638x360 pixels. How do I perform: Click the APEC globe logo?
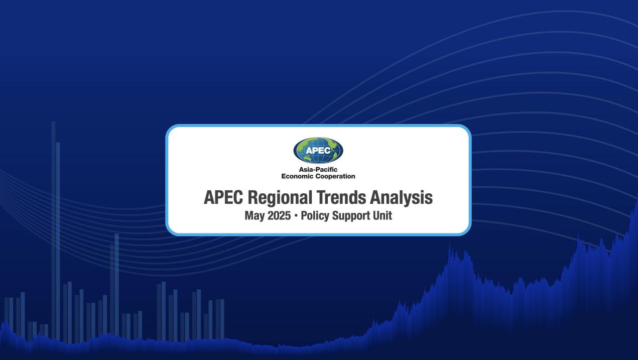point(318,150)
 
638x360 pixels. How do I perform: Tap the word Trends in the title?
point(341,197)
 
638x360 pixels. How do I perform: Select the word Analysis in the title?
point(401,198)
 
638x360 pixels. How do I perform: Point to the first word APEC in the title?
point(223,197)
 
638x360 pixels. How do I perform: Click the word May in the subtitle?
point(254,216)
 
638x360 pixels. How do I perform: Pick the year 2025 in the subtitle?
point(279,215)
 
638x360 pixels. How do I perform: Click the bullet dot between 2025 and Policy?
point(296,216)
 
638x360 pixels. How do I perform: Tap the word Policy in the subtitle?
point(315,216)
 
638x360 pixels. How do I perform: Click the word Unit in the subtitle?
point(382,215)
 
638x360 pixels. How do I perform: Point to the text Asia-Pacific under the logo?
point(318,170)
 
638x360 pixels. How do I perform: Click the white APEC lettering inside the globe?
point(318,150)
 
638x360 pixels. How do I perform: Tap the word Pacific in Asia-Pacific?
point(327,170)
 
